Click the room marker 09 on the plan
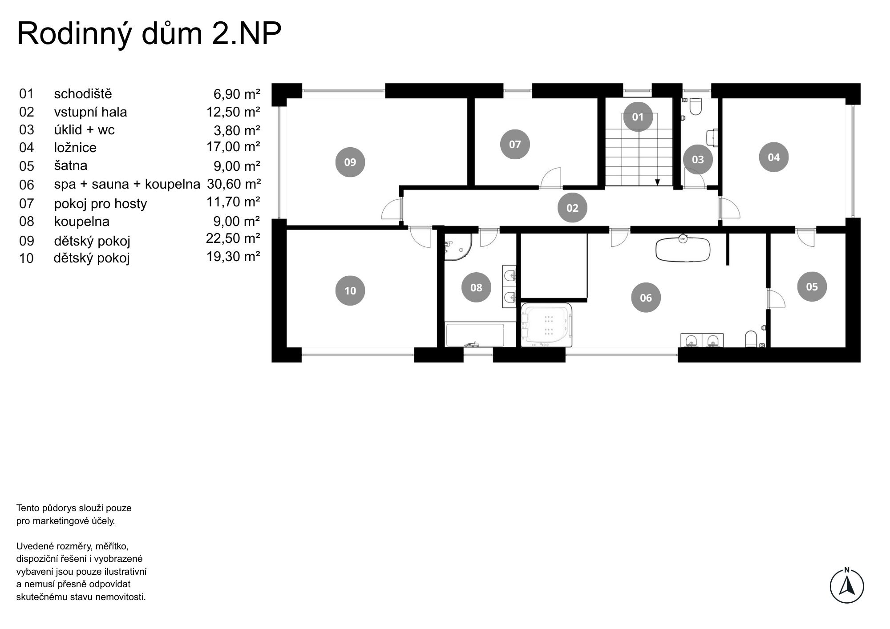coord(350,162)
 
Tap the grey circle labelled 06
coord(646,298)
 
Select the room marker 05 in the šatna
coord(812,286)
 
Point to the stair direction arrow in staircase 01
coord(657,182)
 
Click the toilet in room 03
coord(696,107)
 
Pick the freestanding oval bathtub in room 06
coord(683,250)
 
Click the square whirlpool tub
coord(546,325)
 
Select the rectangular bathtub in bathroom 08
coord(475,335)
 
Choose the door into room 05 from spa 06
coord(776,298)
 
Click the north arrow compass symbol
coord(846,586)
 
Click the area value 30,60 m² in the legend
coord(234,184)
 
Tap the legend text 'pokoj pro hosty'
coord(100,204)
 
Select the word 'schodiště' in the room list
coord(83,94)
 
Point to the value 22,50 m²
coord(233,238)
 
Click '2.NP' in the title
coord(246,34)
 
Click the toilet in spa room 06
coord(751,339)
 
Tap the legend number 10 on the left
coord(26,258)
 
